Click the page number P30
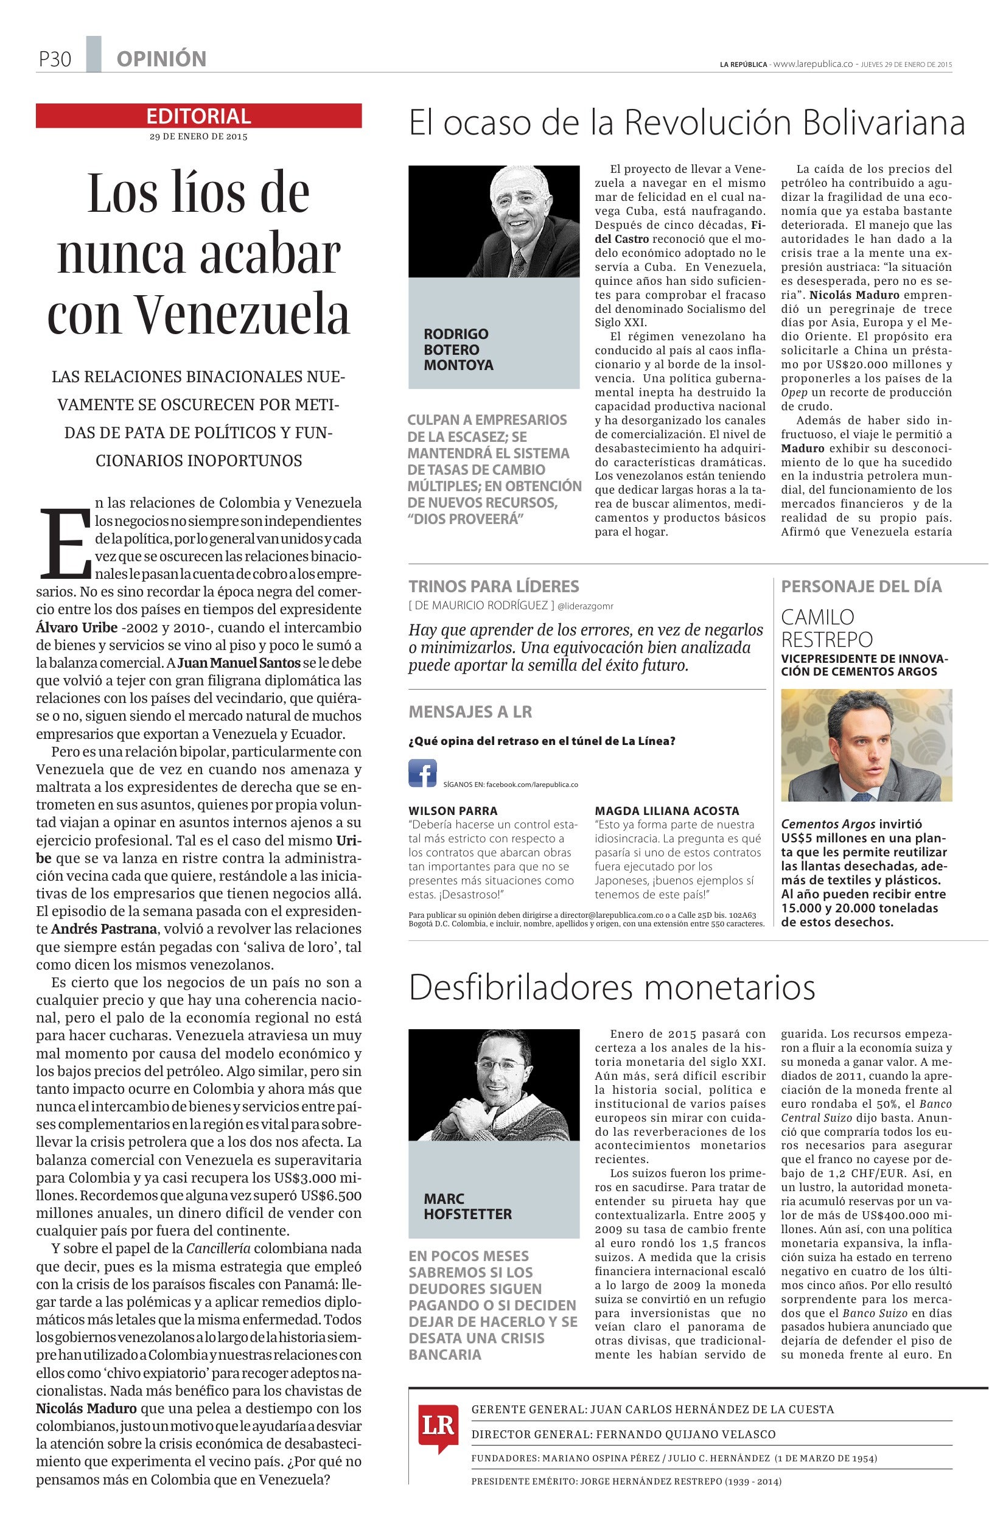54,60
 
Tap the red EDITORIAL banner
198,116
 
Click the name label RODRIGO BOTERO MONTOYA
458,349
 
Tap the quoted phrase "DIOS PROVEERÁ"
461,519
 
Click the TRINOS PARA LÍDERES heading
493,586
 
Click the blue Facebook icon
422,772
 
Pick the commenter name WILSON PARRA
453,810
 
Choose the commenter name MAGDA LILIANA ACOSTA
666,810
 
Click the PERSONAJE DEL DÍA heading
861,586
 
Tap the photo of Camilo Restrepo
866,745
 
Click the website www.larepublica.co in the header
813,64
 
